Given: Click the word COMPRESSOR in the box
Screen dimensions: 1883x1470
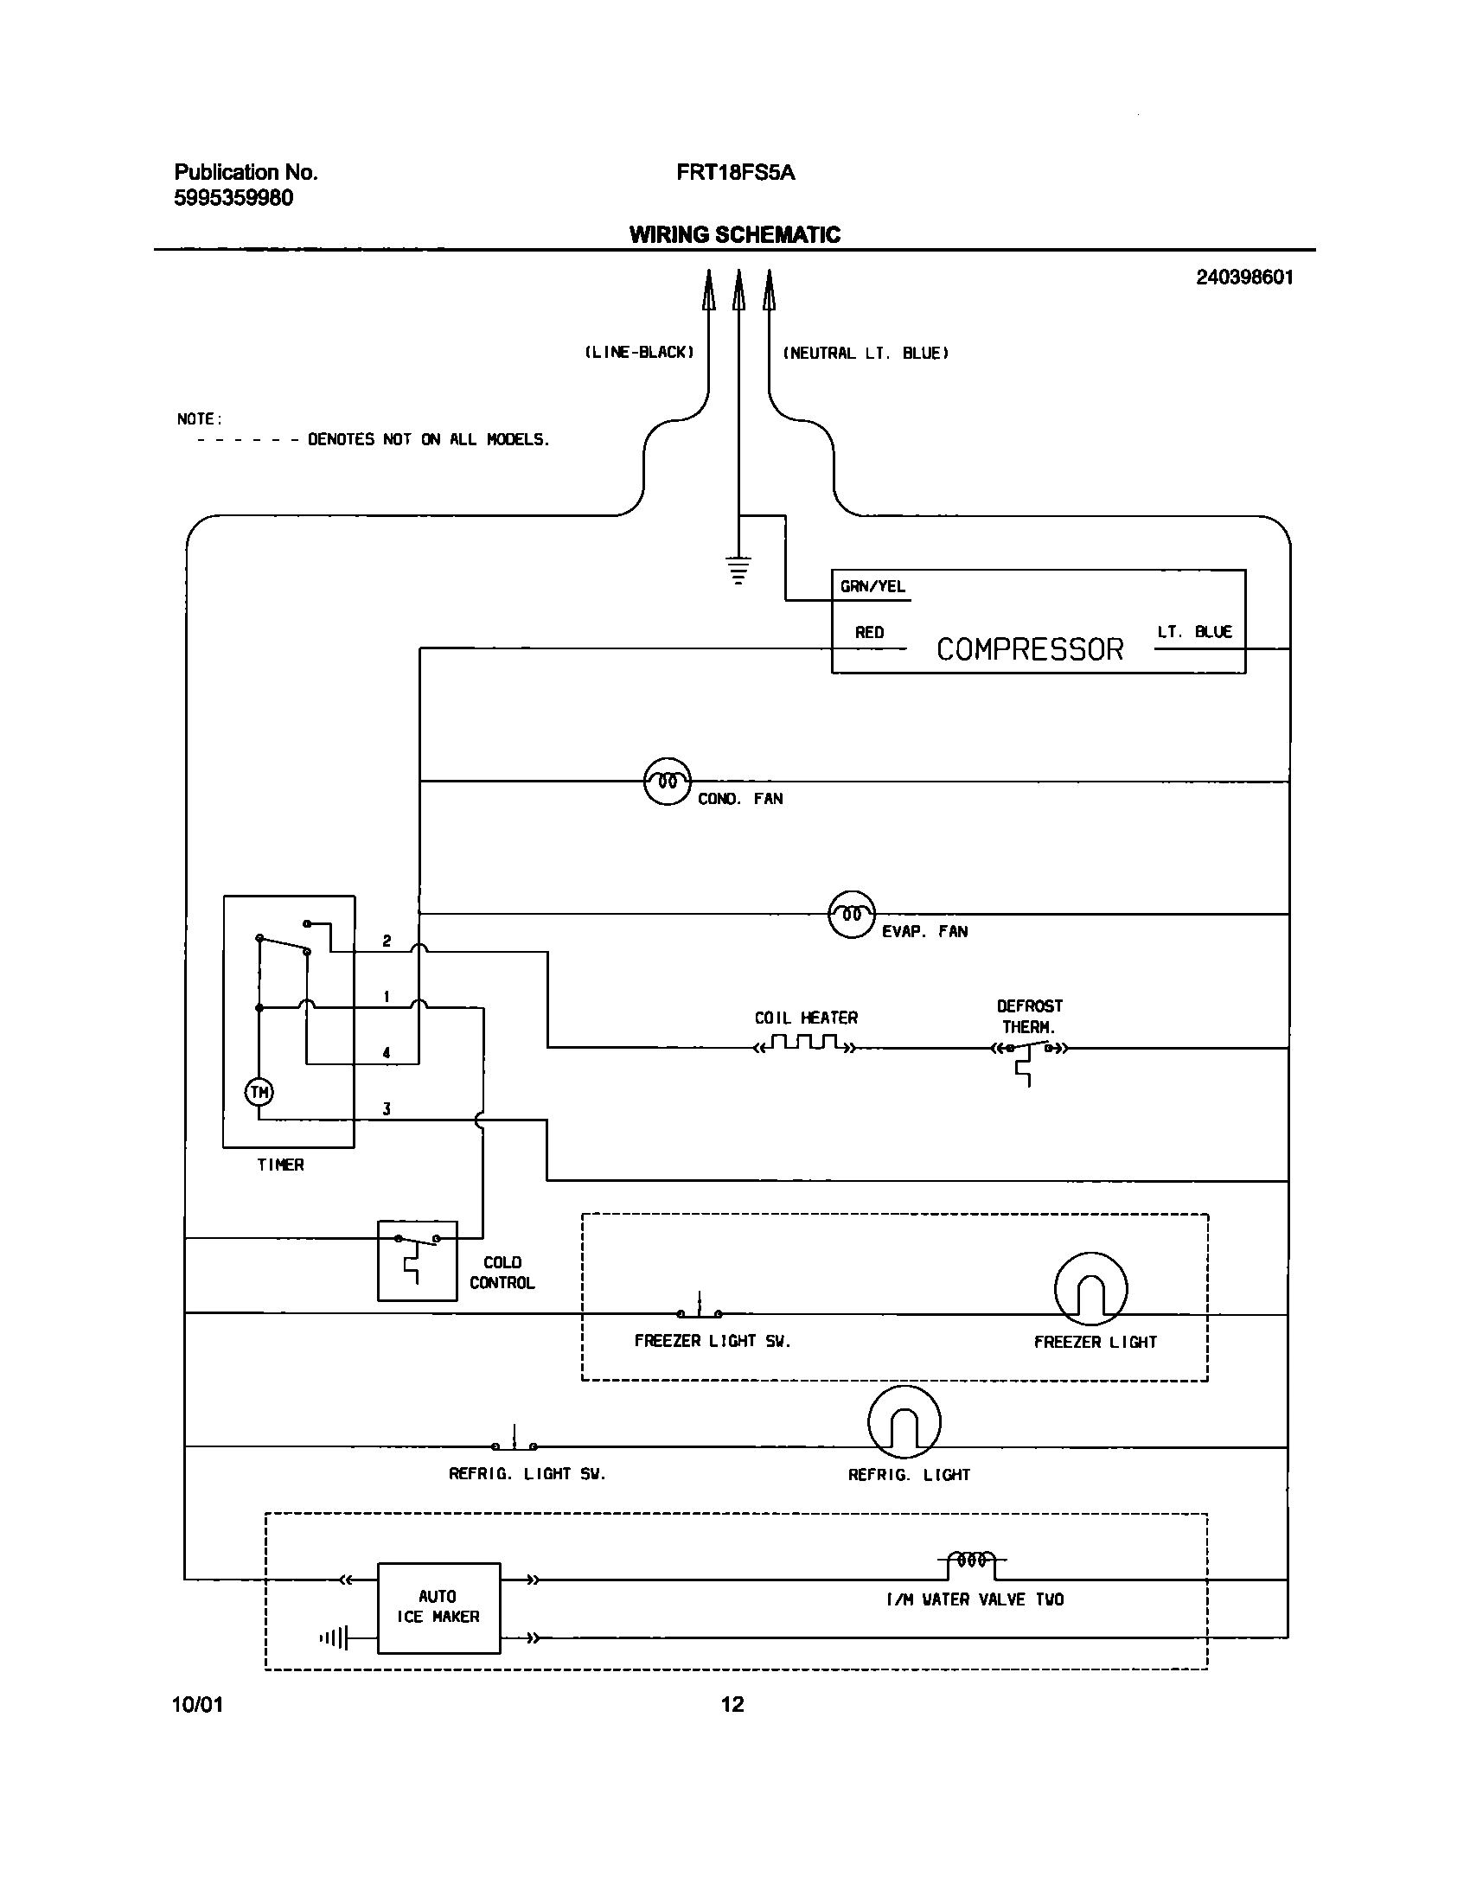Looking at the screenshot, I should click(x=1030, y=649).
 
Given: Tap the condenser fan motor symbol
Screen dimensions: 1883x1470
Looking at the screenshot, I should click(x=668, y=782).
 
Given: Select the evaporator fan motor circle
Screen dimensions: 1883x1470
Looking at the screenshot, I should click(x=852, y=914).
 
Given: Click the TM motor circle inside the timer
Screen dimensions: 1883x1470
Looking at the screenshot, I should click(x=259, y=1093).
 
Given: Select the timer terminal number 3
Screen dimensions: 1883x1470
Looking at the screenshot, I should click(x=387, y=1109).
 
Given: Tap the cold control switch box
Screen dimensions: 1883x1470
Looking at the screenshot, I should click(x=417, y=1261).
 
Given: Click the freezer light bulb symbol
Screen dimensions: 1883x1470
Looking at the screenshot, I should click(x=1091, y=1288).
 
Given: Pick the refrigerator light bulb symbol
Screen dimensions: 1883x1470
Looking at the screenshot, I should click(x=904, y=1422).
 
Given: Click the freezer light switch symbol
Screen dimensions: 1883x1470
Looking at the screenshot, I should click(x=700, y=1311).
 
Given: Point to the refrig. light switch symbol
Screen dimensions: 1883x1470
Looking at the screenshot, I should click(x=514, y=1442).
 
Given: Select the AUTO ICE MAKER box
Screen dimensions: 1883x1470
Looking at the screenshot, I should click(x=438, y=1607).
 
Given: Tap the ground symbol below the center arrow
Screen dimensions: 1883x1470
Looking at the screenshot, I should click(x=738, y=571).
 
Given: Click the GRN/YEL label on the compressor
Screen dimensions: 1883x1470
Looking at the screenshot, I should click(x=872, y=586).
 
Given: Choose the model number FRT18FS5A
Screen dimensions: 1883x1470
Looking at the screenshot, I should click(x=736, y=172).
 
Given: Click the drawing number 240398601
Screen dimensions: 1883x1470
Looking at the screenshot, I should click(x=1245, y=278).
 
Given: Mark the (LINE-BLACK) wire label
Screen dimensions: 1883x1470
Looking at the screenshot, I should click(x=639, y=353).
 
